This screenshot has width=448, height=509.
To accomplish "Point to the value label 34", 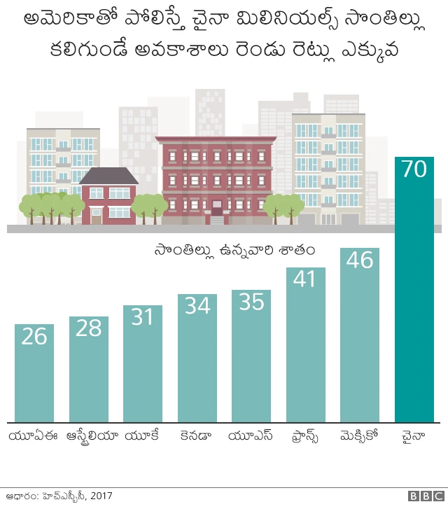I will coord(197,305).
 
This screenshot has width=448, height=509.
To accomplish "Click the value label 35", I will coord(251,302).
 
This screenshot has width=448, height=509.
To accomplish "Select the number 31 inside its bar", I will coord(143,317).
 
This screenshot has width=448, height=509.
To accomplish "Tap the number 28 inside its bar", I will coord(88,328).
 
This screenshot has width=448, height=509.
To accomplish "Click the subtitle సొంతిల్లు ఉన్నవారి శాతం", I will coord(234,250).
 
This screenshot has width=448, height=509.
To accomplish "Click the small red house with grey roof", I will coord(108,197).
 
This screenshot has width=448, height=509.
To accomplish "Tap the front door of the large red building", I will coord(217,210).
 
